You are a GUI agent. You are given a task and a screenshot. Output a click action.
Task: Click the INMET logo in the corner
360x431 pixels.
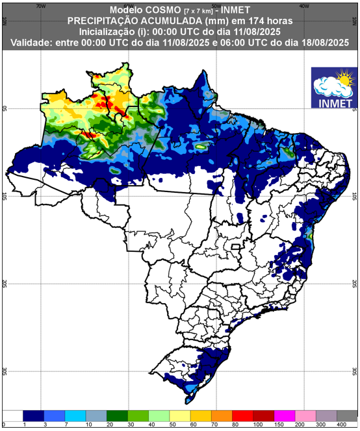click(x=333, y=88)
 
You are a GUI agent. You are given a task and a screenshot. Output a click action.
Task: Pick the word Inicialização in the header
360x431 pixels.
click(x=108, y=31)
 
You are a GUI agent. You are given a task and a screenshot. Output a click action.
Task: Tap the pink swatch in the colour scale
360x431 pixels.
click(x=305, y=414)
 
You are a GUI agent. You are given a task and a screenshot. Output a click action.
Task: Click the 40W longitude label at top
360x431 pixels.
click(x=303, y=5)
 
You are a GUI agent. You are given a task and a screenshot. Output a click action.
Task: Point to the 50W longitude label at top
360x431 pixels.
click(x=216, y=5)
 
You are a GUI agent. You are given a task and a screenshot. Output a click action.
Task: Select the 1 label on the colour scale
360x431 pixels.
click(x=23, y=424)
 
